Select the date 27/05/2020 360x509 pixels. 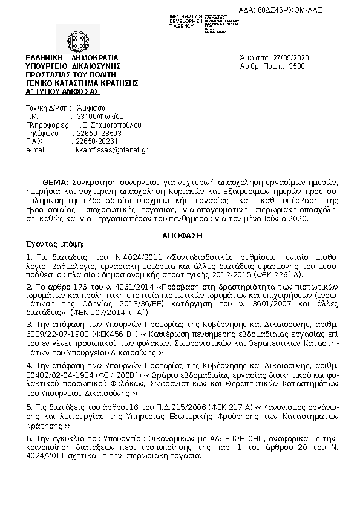(291, 57)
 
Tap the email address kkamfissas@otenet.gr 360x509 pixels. (111, 149)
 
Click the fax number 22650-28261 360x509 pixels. (93, 141)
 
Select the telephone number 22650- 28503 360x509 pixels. (97, 132)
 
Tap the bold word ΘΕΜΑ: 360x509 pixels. (56, 183)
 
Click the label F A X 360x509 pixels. (34, 141)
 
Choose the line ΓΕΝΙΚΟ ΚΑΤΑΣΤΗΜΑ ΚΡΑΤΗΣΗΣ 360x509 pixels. (82, 82)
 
